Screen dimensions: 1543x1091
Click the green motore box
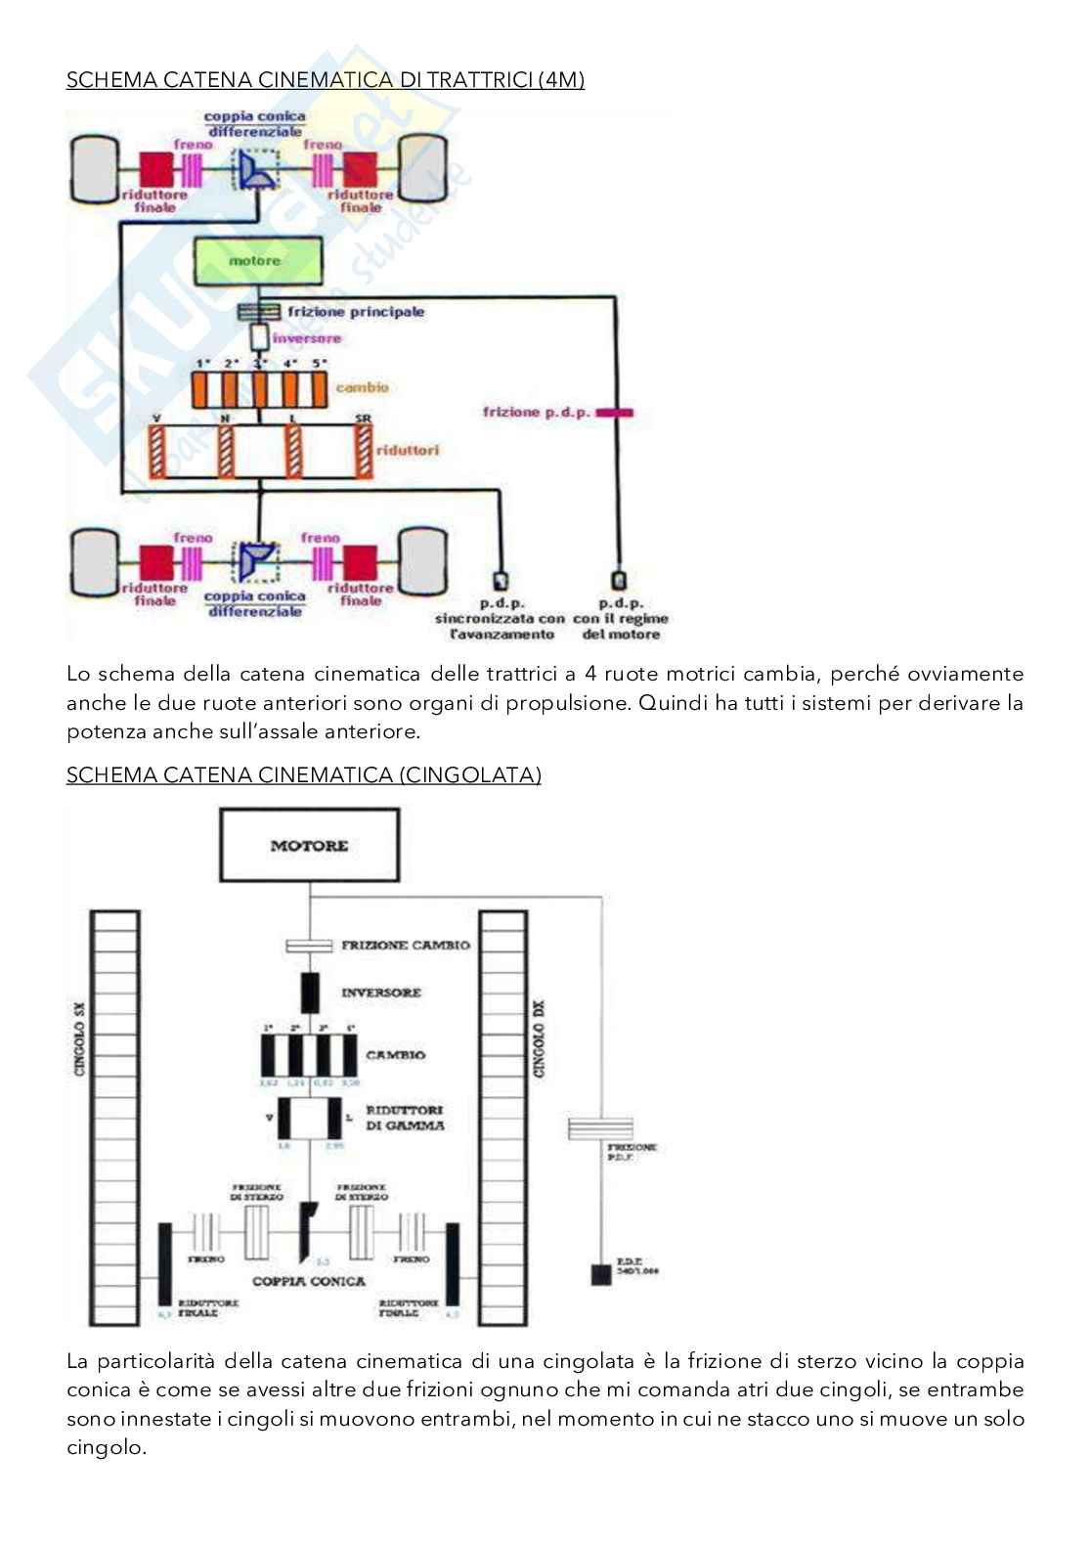point(257,261)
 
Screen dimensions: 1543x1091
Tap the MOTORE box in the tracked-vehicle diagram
point(309,845)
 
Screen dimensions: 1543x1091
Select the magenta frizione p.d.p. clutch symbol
point(615,413)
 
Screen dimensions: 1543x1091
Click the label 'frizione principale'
point(356,312)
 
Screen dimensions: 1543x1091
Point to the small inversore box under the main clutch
point(259,337)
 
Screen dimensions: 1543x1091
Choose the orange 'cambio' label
point(362,387)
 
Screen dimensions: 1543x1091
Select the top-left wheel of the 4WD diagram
point(94,169)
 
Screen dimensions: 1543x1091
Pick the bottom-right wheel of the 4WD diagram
point(422,562)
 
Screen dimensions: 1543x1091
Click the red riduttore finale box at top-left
point(155,169)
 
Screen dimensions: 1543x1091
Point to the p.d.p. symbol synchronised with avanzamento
point(502,580)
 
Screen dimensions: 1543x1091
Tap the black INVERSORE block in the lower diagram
point(309,992)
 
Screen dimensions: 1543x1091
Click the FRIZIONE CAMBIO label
point(405,946)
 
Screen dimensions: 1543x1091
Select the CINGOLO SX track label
point(80,1038)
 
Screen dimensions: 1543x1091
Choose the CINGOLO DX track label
point(539,1038)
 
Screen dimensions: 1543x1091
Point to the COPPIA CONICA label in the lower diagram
point(309,1281)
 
